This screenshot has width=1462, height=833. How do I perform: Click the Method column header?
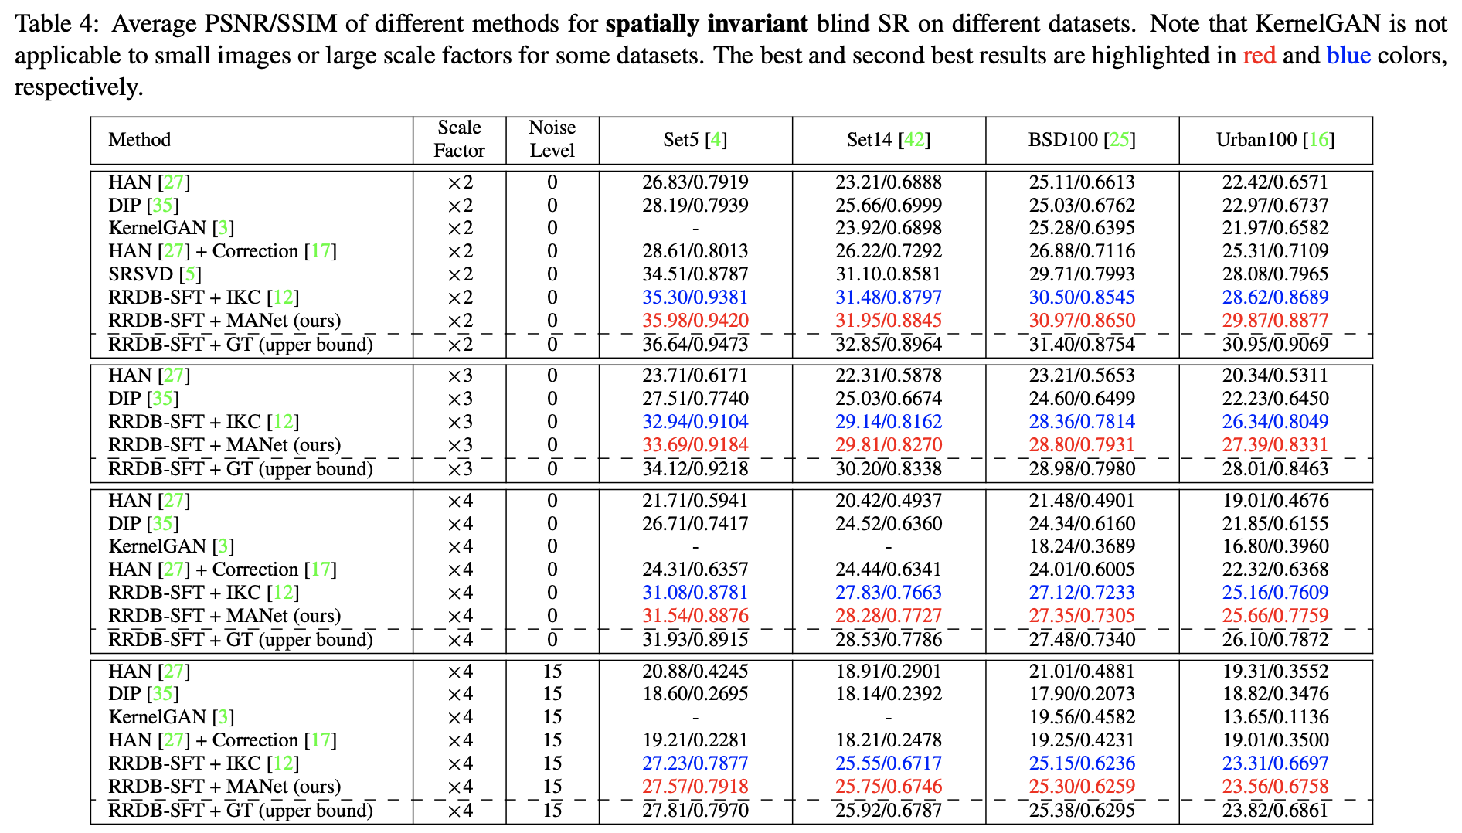(140, 140)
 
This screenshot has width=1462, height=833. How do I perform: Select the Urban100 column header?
(1275, 140)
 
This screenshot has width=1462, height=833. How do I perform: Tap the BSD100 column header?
(1082, 140)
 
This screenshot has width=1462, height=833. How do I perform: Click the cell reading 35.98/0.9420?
(695, 321)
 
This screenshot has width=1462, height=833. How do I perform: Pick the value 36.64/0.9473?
(695, 345)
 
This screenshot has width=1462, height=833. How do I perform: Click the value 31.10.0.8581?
(889, 274)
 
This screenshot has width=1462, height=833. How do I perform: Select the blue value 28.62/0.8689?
(1275, 297)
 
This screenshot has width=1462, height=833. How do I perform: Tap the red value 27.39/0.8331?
(1275, 445)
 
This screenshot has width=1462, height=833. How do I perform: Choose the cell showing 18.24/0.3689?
(1082, 546)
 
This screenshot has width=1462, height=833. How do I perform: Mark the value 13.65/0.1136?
(1275, 717)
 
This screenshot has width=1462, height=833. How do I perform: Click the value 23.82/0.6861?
(1275, 811)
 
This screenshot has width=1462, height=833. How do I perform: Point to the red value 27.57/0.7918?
(695, 787)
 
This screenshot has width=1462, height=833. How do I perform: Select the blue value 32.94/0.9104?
(695, 422)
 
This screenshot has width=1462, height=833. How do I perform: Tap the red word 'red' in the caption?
(1259, 56)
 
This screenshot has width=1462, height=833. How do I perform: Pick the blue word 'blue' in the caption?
(1348, 56)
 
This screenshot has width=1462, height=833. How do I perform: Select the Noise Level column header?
(552, 139)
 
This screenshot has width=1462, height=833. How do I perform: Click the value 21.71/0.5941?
(695, 501)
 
